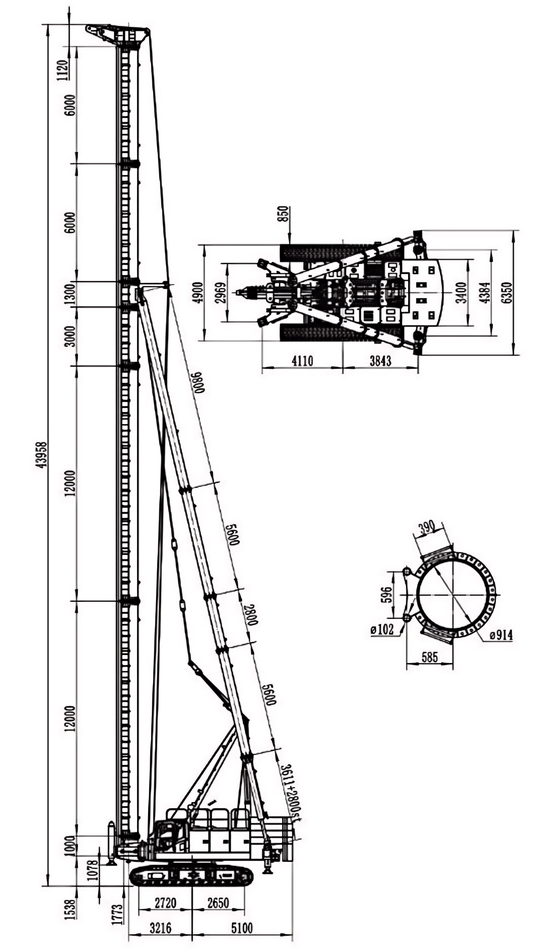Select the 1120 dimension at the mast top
pos(64,70)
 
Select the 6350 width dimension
pos(507,293)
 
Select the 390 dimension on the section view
pos(426,526)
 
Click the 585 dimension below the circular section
pos(430,657)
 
